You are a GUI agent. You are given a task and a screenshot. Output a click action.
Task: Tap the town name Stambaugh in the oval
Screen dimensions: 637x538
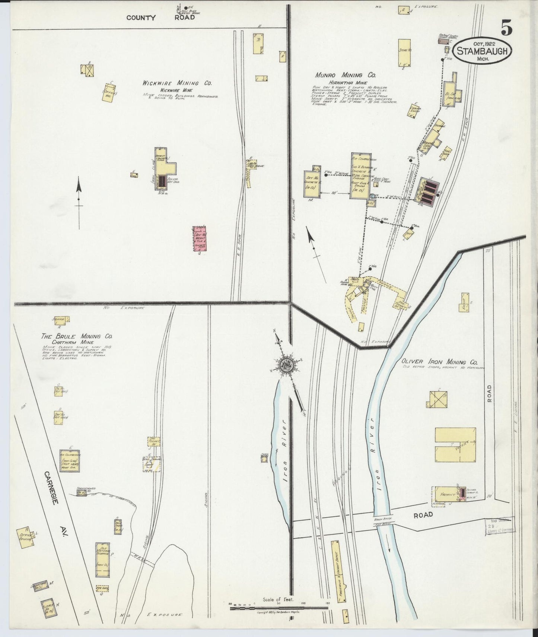click(x=482, y=51)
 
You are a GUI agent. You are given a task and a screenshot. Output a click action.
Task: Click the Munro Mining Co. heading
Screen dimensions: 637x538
click(x=346, y=75)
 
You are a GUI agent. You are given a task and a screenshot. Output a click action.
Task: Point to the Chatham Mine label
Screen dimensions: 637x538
click(x=73, y=342)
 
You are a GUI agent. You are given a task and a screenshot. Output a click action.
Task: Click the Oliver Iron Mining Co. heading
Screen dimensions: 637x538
click(x=440, y=362)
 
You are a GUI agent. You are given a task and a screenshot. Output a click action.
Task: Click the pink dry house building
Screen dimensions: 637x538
click(x=200, y=238)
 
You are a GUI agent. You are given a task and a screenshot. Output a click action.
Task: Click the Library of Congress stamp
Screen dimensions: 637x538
click(x=500, y=525)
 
